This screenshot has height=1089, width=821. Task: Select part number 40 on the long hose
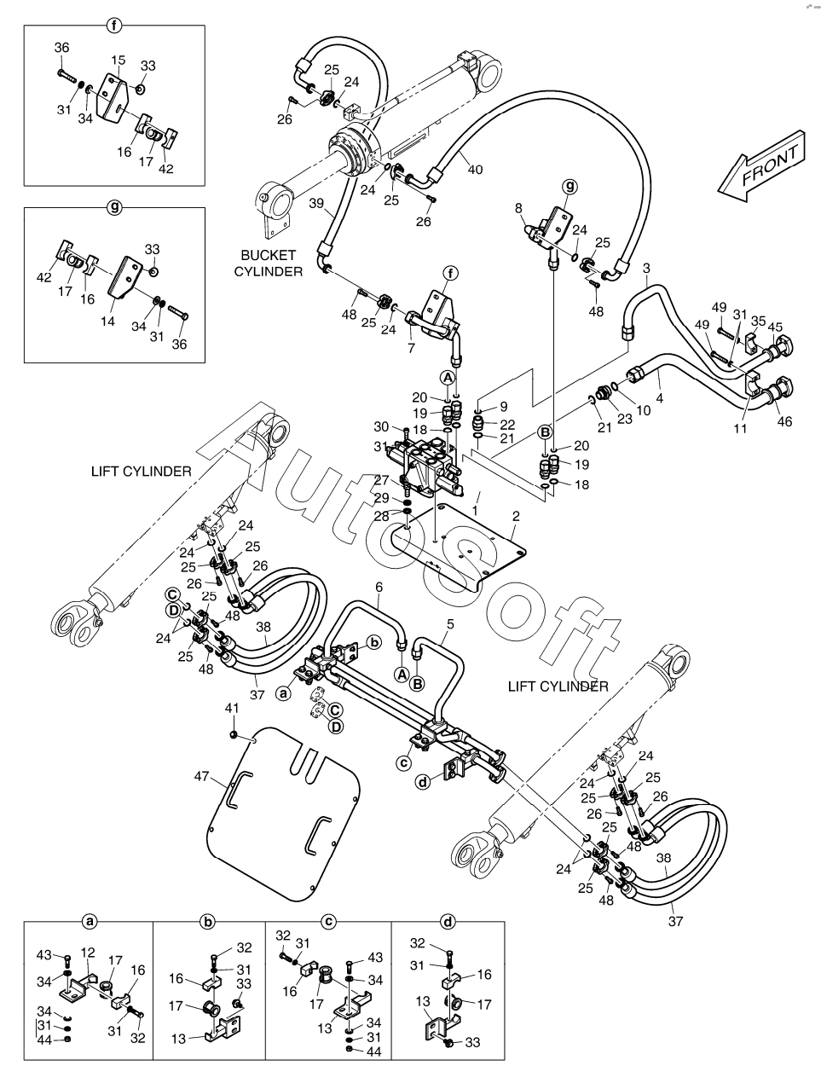(475, 169)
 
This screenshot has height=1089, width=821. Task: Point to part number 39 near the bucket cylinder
(315, 205)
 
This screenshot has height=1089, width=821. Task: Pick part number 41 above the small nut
(232, 708)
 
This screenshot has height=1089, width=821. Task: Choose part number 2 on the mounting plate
(516, 517)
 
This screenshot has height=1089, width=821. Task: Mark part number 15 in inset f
(118, 60)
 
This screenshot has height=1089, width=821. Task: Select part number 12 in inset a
(88, 952)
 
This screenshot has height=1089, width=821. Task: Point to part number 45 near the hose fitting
(775, 327)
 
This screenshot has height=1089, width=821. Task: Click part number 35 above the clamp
(754, 321)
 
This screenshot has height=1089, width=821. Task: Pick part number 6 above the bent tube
(379, 587)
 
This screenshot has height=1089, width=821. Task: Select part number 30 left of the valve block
(380, 426)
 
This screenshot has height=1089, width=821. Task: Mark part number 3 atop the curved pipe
(647, 268)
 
